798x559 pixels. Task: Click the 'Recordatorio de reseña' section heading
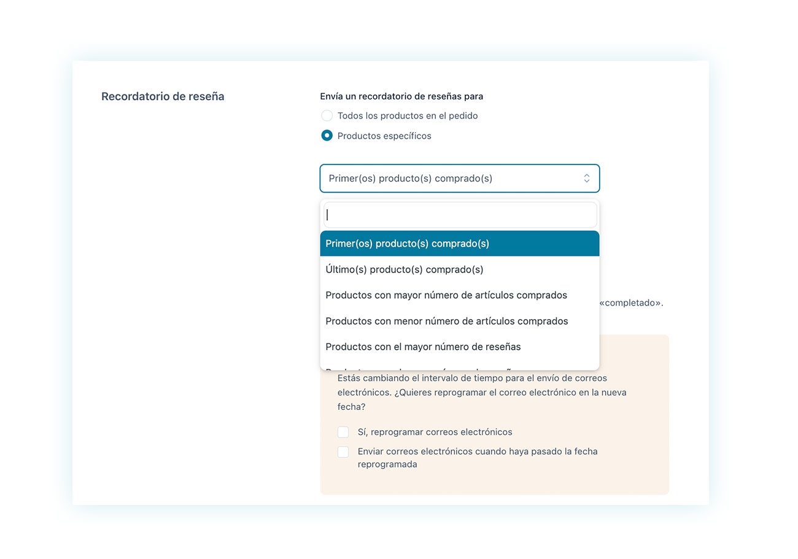163,96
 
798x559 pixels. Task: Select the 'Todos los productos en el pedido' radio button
327,116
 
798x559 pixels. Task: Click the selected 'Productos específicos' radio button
327,136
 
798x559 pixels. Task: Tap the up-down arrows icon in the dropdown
586,179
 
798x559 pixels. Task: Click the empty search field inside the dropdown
460,215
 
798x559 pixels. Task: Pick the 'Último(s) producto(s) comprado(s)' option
405,269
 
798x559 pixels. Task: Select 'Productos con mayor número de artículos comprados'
446,295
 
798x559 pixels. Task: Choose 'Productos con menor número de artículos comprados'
447,321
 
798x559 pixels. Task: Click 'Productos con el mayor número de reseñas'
423,347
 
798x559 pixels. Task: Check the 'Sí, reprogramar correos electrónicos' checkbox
343,432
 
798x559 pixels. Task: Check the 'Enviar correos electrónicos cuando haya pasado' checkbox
343,452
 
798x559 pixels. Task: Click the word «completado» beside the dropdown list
631,303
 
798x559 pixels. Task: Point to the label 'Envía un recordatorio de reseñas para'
401,96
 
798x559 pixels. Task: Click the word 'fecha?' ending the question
351,407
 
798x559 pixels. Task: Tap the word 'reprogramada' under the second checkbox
387,465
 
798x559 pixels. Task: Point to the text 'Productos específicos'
384,136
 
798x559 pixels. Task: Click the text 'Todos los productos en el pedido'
408,116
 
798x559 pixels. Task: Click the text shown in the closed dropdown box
411,179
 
